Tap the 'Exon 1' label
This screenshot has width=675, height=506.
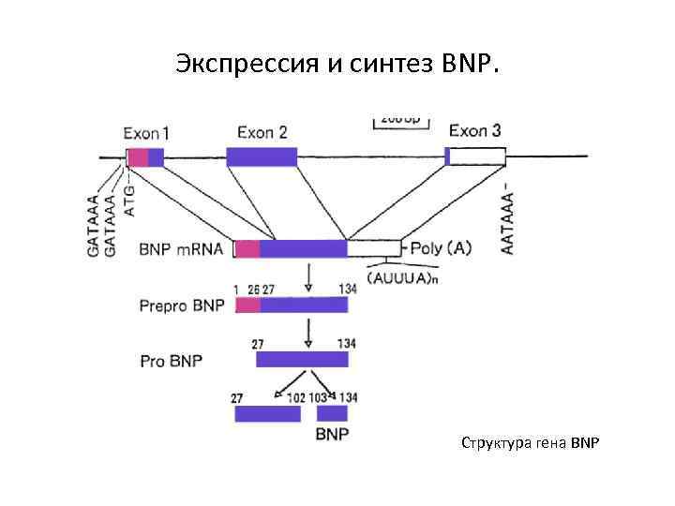tap(147, 132)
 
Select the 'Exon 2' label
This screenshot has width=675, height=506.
tap(262, 132)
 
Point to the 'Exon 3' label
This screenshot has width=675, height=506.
tap(475, 130)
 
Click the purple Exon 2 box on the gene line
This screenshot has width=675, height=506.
tap(262, 156)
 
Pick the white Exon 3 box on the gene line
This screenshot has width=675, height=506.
tap(478, 156)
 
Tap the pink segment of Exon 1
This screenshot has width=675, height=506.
tap(138, 156)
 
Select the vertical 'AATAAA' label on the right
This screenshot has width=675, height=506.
tap(508, 216)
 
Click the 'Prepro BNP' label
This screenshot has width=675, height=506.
tap(182, 305)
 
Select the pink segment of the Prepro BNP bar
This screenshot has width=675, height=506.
tap(247, 305)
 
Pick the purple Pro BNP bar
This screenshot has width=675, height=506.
tap(302, 360)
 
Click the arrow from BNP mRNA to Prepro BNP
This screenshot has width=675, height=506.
tap(309, 276)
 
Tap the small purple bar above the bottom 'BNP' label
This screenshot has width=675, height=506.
tap(332, 413)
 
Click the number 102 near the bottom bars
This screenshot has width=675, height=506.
tap(295, 397)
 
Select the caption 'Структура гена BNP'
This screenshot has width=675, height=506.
tap(529, 440)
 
